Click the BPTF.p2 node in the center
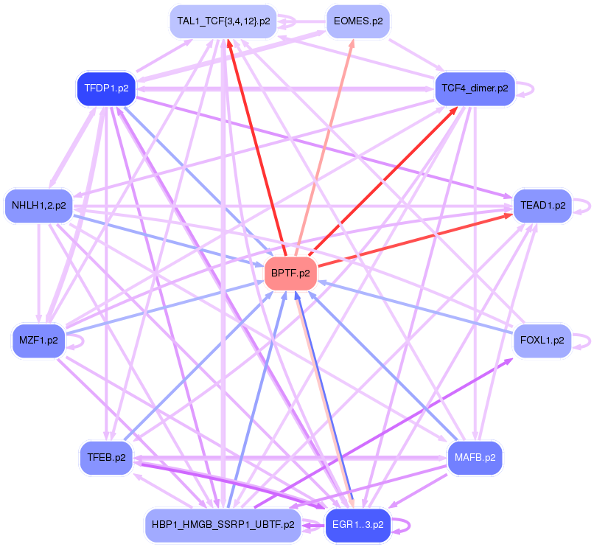tap(290, 273)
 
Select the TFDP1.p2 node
tap(106, 88)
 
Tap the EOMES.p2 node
tap(358, 21)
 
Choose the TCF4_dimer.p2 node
tap(475, 88)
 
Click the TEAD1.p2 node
tap(542, 206)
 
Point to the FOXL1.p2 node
tap(542, 341)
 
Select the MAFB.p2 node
tap(475, 458)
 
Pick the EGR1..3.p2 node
tap(358, 525)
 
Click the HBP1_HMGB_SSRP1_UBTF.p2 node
tap(223, 525)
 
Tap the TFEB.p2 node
tap(106, 458)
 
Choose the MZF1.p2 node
tap(38, 341)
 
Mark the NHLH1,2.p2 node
tap(38, 206)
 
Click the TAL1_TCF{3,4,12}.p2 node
tap(223, 21)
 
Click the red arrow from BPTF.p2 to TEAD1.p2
tap(415, 240)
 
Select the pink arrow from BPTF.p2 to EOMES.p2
tap(325, 148)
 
